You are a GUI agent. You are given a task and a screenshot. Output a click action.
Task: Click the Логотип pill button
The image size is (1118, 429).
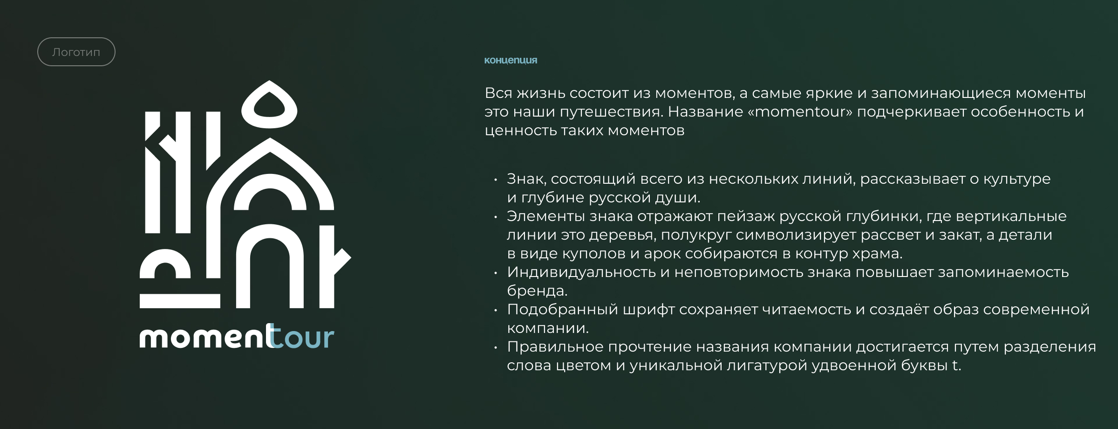coord(76,52)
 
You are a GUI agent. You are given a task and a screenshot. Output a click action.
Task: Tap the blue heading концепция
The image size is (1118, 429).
coord(511,60)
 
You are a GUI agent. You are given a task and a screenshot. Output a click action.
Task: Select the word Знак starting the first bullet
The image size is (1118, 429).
coord(526,179)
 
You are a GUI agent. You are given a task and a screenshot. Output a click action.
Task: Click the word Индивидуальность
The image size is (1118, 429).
coord(581,272)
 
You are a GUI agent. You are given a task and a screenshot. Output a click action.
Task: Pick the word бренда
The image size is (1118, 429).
coord(537,291)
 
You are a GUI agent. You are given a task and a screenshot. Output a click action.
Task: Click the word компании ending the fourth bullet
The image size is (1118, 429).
coord(548,328)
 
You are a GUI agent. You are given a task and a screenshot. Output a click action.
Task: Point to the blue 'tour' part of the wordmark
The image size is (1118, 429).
coord(300,337)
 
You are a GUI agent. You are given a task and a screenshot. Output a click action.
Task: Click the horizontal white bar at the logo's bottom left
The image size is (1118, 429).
coord(180,301)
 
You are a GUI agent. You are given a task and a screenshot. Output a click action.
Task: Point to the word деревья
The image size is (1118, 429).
coord(622,235)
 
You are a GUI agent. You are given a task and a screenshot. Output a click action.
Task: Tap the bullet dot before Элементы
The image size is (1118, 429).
coord(496,217)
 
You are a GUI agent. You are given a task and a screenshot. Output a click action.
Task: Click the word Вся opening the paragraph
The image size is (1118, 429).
coord(498,93)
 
